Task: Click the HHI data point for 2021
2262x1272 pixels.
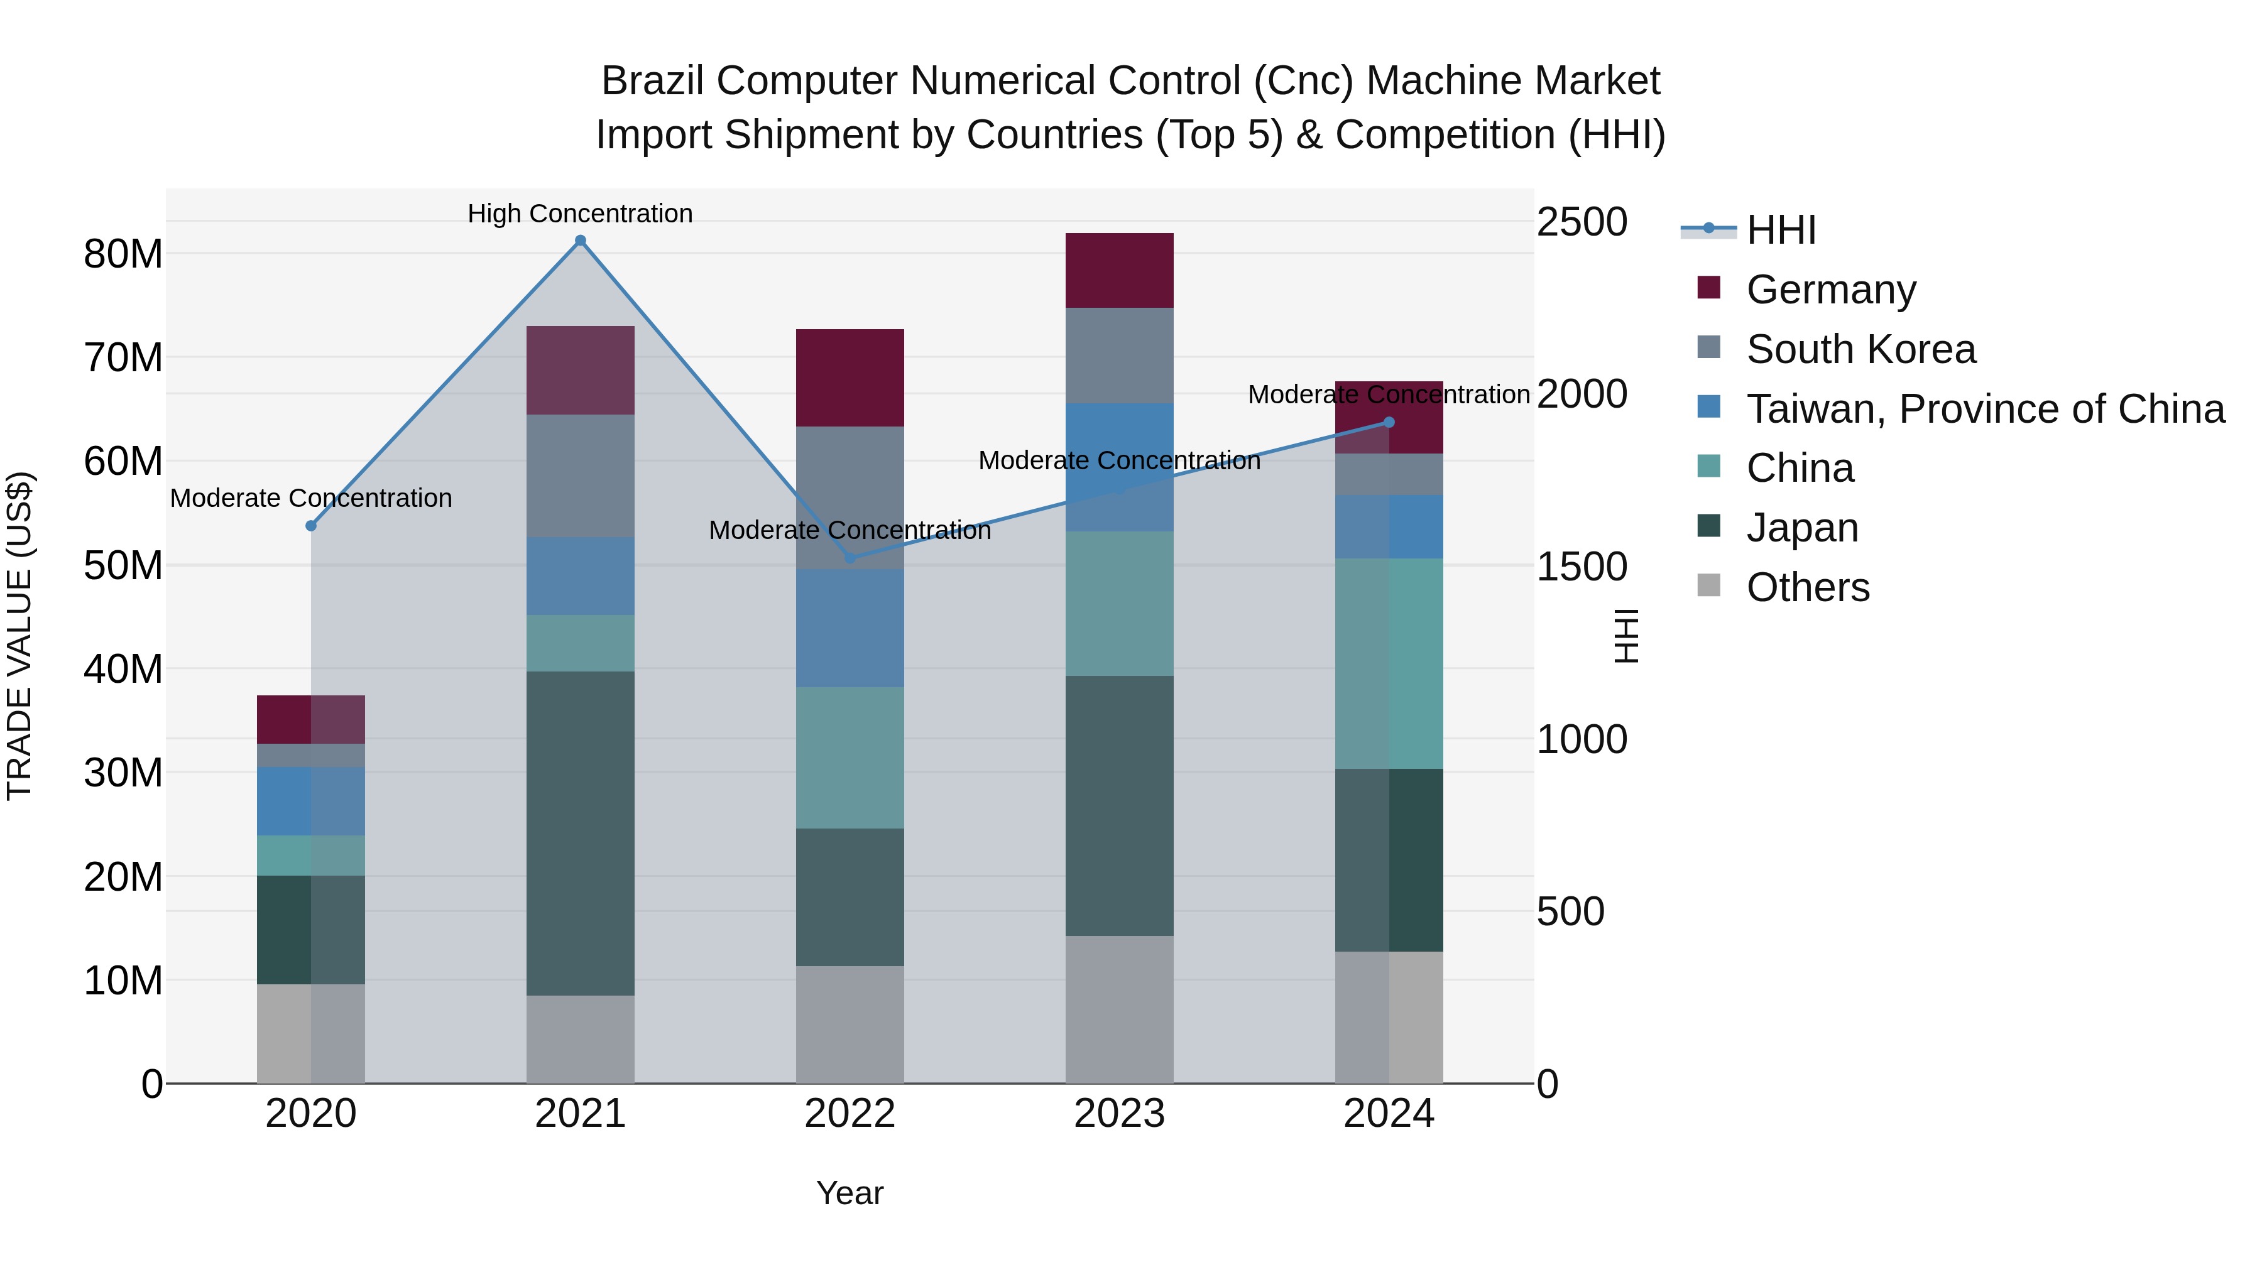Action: (x=581, y=241)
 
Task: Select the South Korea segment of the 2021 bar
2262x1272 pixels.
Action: (x=581, y=476)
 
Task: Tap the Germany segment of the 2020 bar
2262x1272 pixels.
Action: (x=311, y=720)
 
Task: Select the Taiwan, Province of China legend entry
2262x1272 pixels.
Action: (x=1984, y=409)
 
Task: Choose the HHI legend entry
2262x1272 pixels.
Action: (x=1780, y=230)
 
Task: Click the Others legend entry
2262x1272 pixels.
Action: (x=1807, y=587)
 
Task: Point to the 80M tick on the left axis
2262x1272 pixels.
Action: (x=123, y=254)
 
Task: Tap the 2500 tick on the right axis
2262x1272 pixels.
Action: (x=1582, y=222)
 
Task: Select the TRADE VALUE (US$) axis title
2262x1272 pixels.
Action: (x=19, y=636)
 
